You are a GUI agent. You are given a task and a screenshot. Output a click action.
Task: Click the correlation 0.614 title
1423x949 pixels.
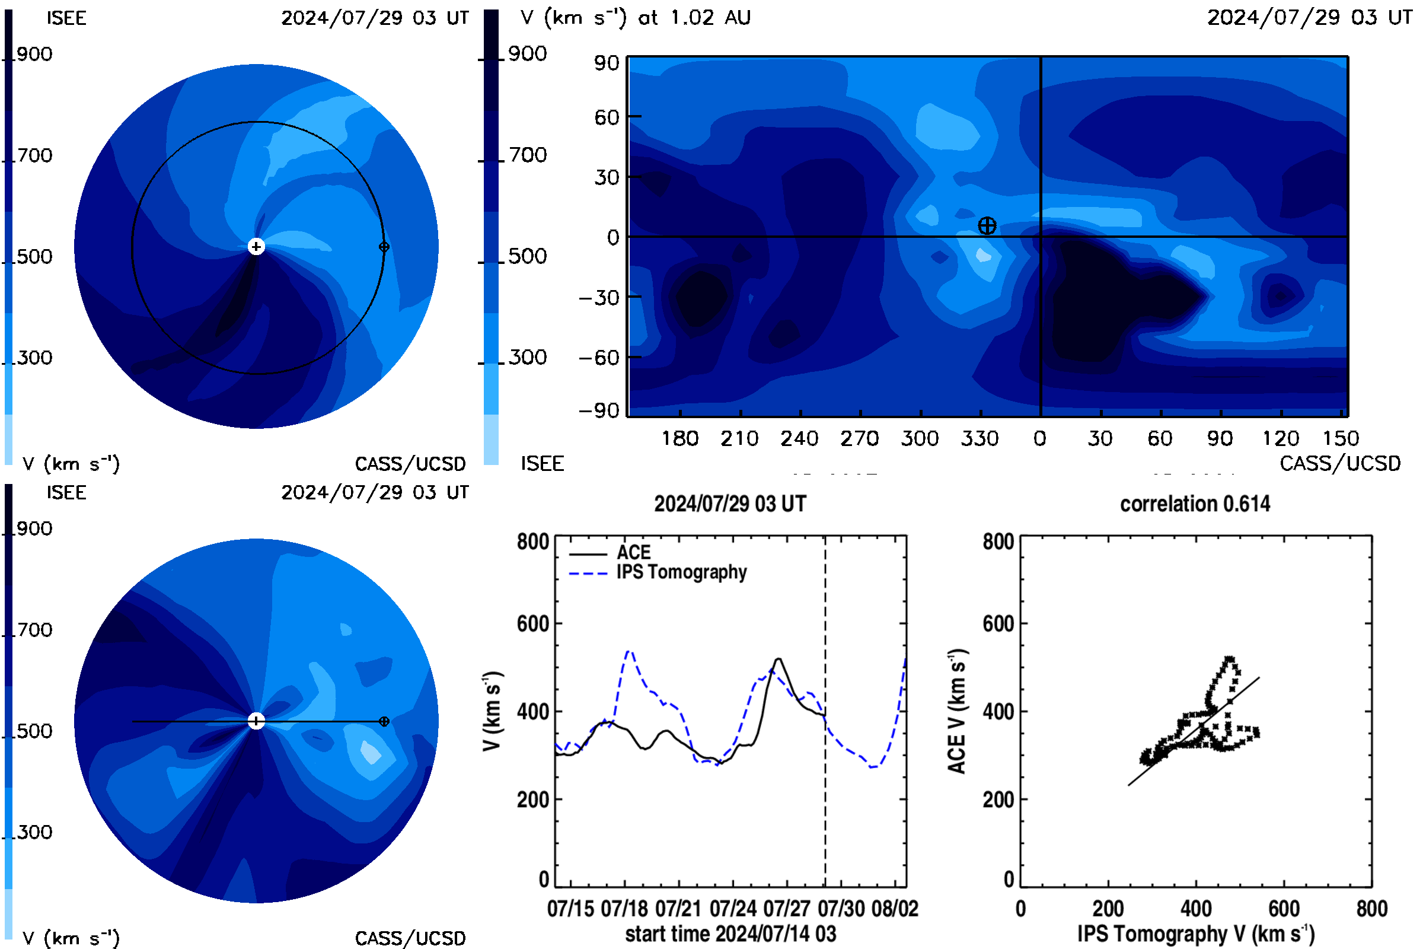click(1194, 504)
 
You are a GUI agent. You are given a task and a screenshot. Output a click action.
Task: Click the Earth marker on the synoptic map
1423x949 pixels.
click(987, 226)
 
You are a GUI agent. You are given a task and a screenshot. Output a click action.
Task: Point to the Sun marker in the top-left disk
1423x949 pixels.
click(257, 246)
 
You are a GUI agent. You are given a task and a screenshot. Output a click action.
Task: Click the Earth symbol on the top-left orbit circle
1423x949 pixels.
click(384, 246)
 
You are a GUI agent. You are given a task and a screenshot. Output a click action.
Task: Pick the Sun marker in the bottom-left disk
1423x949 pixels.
click(257, 721)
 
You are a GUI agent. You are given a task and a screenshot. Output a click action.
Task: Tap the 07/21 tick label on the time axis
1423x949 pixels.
click(678, 909)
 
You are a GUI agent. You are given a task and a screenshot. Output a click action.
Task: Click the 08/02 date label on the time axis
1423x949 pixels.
click(894, 909)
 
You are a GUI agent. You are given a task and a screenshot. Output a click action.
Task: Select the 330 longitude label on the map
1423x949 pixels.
click(979, 438)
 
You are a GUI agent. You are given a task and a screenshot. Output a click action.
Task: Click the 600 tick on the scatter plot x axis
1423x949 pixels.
click(1284, 909)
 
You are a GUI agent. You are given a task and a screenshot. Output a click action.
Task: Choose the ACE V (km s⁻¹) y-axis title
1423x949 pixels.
click(957, 711)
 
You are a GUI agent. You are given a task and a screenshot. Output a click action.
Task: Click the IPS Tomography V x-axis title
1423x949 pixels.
click(1196, 934)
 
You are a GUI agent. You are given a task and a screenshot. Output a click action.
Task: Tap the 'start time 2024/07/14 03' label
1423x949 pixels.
click(730, 934)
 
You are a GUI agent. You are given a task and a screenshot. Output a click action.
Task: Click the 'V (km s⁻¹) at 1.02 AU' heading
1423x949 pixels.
click(636, 18)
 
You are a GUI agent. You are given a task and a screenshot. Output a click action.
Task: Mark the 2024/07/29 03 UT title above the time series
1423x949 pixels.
click(730, 504)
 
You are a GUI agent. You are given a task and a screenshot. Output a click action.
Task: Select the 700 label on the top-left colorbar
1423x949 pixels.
click(34, 155)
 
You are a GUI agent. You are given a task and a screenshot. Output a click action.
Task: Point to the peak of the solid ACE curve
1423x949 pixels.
click(778, 659)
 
